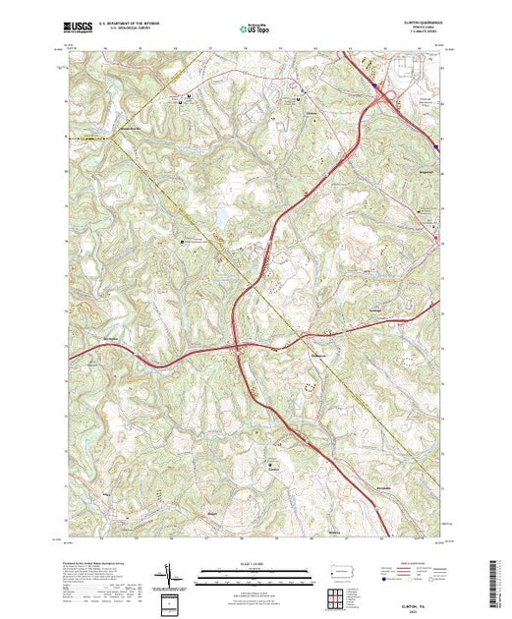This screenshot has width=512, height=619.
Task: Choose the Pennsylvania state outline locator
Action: (x=336, y=571)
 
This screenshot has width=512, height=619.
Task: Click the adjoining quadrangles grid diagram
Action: (x=336, y=595)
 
